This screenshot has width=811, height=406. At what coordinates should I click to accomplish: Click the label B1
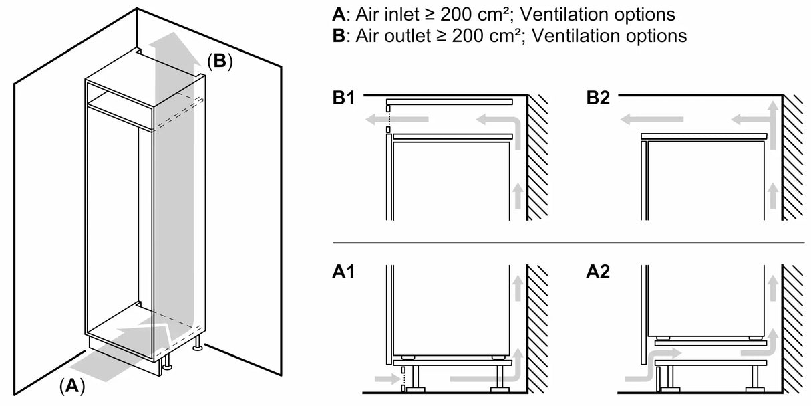click(345, 99)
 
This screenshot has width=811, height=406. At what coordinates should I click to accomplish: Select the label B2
click(599, 99)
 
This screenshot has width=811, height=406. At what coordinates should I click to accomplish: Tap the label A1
click(345, 273)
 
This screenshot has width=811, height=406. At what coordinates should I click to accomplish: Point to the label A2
click(599, 273)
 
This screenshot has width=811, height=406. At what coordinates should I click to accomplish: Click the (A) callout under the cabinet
click(72, 385)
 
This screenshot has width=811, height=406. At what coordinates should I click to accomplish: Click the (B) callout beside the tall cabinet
click(219, 62)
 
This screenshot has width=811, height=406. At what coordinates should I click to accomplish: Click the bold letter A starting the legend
click(337, 14)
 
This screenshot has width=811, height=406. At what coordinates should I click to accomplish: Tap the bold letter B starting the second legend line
click(337, 36)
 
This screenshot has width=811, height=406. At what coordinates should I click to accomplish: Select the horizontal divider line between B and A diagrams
click(568, 242)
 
